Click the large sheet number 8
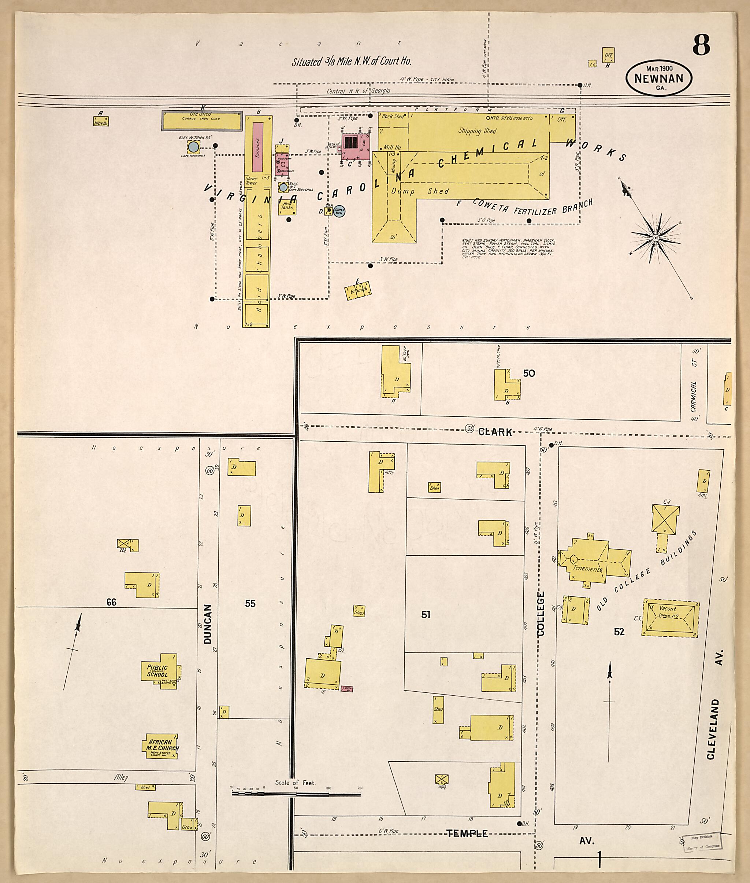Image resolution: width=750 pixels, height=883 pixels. tap(701, 45)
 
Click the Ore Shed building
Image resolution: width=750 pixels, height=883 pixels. tap(202, 121)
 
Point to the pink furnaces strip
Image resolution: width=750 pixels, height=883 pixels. tap(257, 147)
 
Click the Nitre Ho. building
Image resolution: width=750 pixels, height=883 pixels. tap(101, 121)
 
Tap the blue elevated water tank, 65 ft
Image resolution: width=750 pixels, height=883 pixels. tap(193, 148)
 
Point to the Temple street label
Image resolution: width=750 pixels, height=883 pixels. tap(467, 834)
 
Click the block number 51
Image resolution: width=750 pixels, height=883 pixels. tap(426, 614)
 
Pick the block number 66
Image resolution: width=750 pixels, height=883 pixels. tap(111, 602)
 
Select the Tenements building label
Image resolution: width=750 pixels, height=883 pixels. tap(587, 569)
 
